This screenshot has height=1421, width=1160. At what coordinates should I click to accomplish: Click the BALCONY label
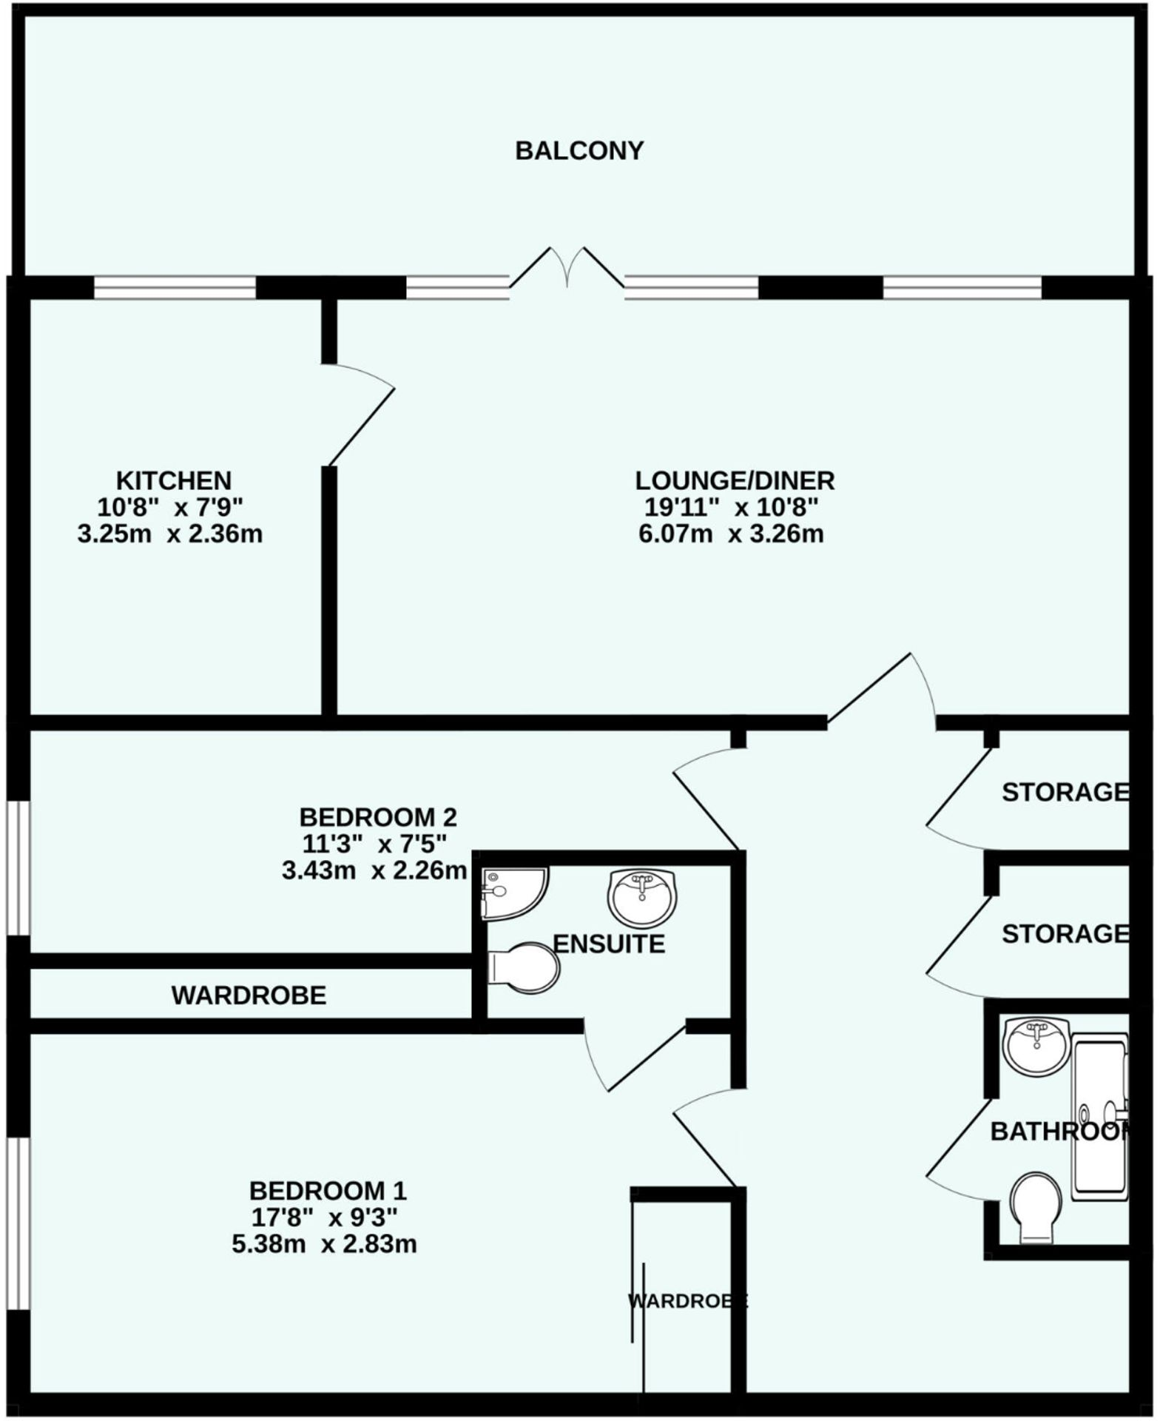click(579, 151)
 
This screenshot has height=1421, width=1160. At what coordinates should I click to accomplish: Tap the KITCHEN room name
click(174, 480)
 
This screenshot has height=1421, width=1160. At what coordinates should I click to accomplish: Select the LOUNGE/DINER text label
click(734, 480)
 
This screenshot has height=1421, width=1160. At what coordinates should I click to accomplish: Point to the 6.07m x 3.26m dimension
click(731, 534)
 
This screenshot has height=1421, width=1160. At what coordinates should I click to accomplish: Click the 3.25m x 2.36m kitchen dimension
click(170, 534)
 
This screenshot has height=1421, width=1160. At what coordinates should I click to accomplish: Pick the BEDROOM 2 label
click(378, 817)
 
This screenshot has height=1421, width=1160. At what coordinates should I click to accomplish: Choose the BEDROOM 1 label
click(328, 1191)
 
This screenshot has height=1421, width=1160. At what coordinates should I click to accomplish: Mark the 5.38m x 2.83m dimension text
click(324, 1244)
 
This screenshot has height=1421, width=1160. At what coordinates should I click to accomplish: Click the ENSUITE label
click(609, 944)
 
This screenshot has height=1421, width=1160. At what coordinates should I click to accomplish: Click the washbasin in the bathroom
click(1036, 1045)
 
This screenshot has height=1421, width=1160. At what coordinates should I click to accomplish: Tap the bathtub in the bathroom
click(1100, 1118)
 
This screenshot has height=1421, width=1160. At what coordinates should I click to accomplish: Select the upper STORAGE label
click(1065, 793)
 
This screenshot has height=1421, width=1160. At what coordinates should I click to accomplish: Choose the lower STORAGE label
click(1065, 934)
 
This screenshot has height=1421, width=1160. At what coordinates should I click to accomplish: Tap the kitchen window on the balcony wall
click(175, 287)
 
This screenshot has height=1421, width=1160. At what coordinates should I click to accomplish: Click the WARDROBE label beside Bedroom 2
click(249, 995)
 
